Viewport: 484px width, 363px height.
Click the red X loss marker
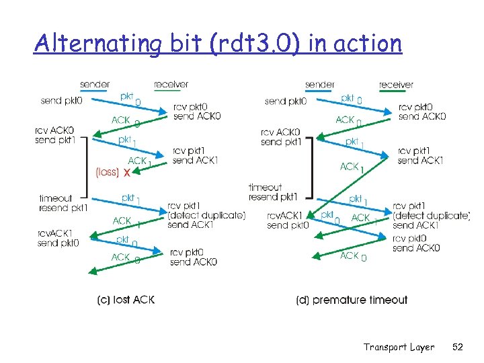click(x=126, y=173)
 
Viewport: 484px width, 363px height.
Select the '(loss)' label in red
click(x=108, y=172)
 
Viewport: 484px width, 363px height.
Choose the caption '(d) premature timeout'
click(x=352, y=300)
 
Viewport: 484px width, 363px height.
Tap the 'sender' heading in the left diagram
click(x=95, y=85)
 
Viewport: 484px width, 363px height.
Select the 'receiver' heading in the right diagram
click(x=396, y=85)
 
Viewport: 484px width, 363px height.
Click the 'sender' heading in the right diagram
click(x=320, y=85)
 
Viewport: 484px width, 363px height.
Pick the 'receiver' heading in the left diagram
click(x=171, y=85)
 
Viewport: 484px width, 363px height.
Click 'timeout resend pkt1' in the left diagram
click(x=63, y=203)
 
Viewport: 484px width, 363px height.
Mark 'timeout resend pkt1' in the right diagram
click(x=272, y=192)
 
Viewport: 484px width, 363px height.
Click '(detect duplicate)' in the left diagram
click(x=206, y=215)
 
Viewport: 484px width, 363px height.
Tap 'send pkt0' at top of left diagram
click(x=61, y=101)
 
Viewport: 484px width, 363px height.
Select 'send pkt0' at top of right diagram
click(x=286, y=102)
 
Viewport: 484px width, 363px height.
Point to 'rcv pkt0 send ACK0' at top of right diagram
click(x=421, y=112)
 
